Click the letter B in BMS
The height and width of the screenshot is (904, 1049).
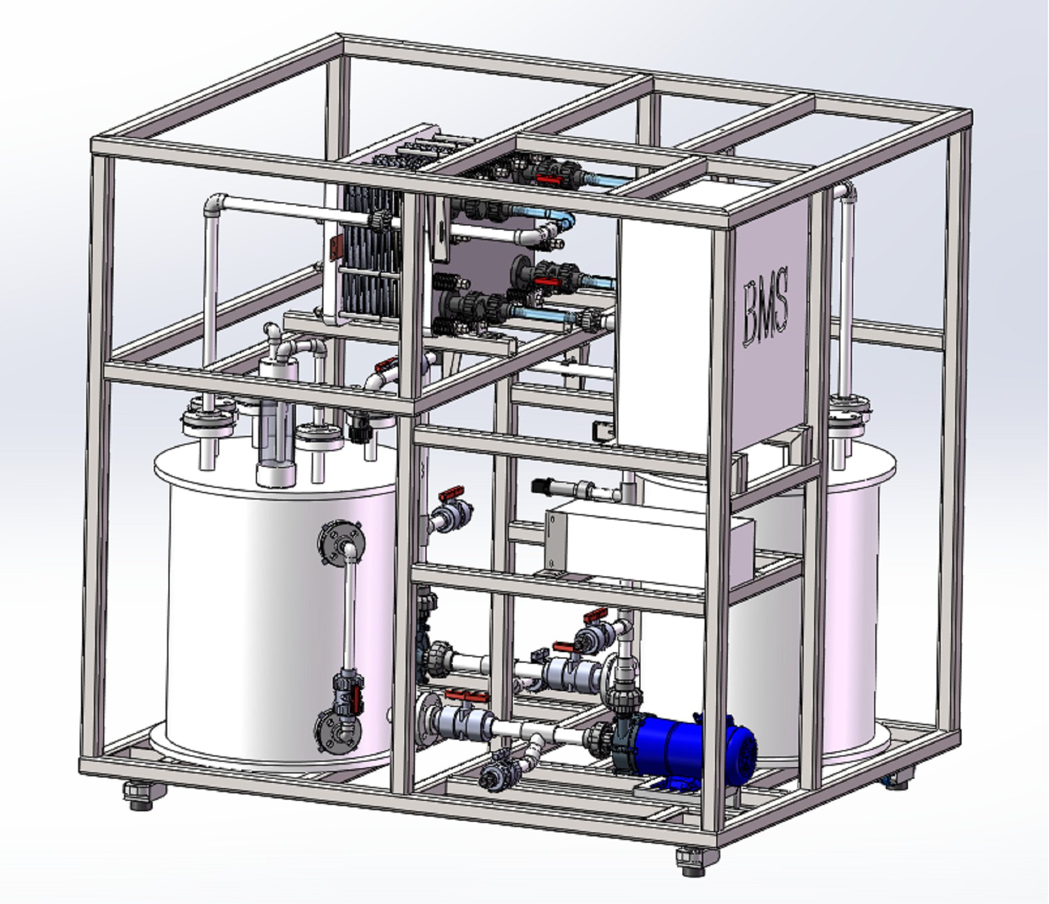(752, 314)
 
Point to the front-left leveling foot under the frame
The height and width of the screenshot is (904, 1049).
(139, 795)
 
